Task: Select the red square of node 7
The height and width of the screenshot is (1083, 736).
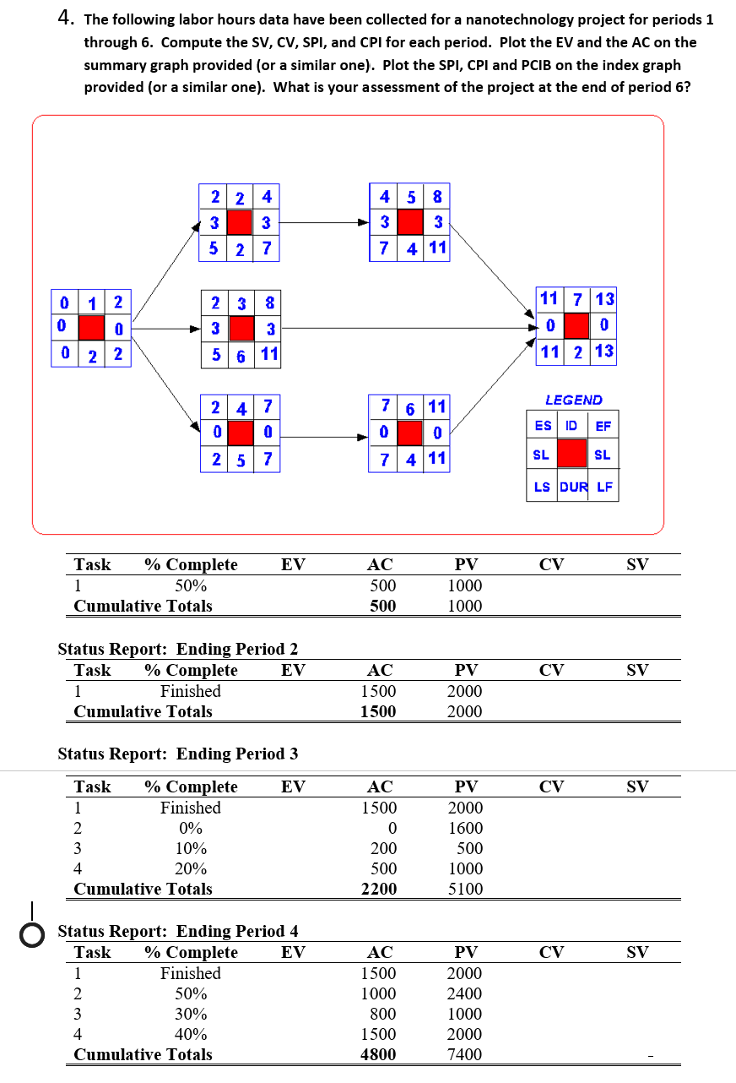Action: tap(577, 324)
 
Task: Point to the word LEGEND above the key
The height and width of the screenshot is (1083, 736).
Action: tap(574, 400)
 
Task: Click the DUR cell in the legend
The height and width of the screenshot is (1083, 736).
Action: tap(573, 487)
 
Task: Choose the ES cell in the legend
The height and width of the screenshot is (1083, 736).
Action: tap(542, 427)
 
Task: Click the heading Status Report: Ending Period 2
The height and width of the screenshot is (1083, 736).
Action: tap(177, 649)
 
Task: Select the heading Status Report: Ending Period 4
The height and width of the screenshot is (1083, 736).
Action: tap(177, 931)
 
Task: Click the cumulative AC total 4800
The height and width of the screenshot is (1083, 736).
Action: tap(379, 1054)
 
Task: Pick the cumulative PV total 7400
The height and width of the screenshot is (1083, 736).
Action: tap(465, 1054)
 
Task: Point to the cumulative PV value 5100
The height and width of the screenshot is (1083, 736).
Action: tap(465, 889)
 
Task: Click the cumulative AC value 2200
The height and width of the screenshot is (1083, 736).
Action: tap(379, 889)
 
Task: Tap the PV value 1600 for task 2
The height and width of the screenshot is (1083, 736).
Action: tap(465, 828)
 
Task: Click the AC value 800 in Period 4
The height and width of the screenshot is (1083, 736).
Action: tap(382, 1014)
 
